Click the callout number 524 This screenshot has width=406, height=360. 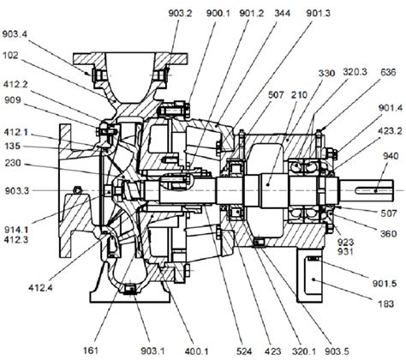click(219, 350)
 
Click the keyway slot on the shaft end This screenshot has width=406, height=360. click(378, 185)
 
